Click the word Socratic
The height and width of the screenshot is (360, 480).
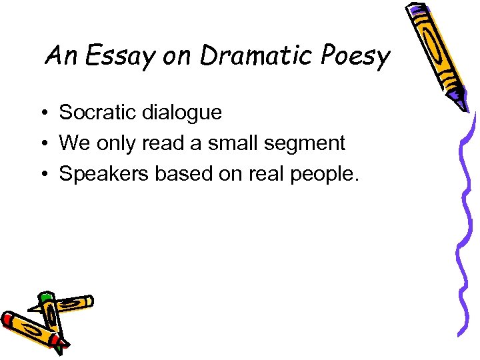pyautogui.click(x=99, y=113)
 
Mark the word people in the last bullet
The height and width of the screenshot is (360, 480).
pyautogui.click(x=324, y=175)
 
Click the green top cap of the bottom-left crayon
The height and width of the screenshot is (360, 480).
pyautogui.click(x=45, y=297)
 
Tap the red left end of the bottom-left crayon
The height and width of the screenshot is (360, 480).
pyautogui.click(x=8, y=320)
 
